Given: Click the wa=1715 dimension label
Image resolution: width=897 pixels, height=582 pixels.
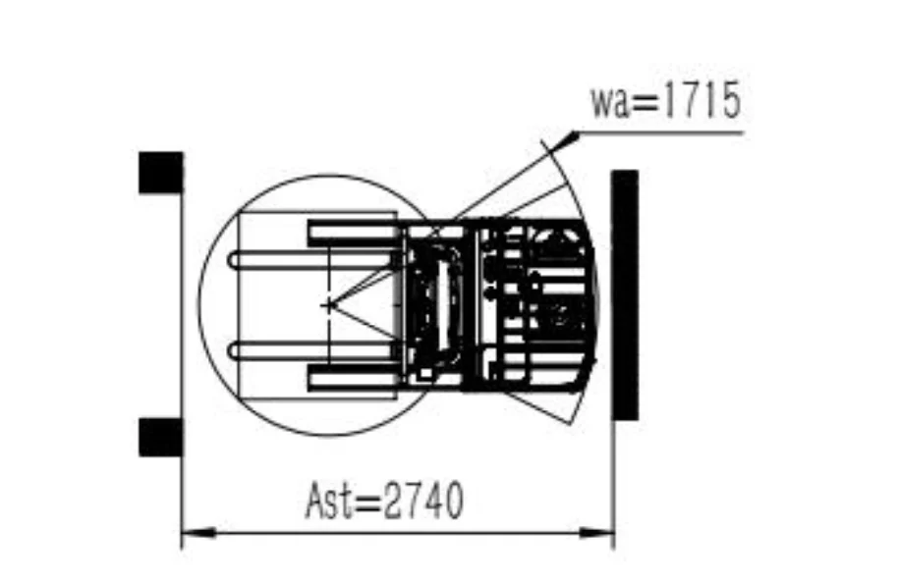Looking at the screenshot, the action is coord(666,100).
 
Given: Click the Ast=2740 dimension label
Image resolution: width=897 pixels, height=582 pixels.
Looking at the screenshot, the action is coord(384,501).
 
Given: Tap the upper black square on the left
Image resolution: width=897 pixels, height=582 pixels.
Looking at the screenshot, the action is coord(161,173).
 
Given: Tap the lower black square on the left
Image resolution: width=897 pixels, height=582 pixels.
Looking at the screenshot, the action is coord(161,438).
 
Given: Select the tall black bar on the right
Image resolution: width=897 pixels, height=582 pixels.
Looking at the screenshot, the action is coord(625,295).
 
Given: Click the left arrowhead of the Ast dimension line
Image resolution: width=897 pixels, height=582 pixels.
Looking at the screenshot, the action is coord(197,533).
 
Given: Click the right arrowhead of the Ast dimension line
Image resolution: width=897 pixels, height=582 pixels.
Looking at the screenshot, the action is coord(596,533).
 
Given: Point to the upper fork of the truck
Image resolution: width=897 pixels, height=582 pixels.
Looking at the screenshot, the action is coord(315,261).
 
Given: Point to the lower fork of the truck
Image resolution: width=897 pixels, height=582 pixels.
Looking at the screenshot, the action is coord(315,349).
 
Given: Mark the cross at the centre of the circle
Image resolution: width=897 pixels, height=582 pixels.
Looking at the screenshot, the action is coord(328,305).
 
